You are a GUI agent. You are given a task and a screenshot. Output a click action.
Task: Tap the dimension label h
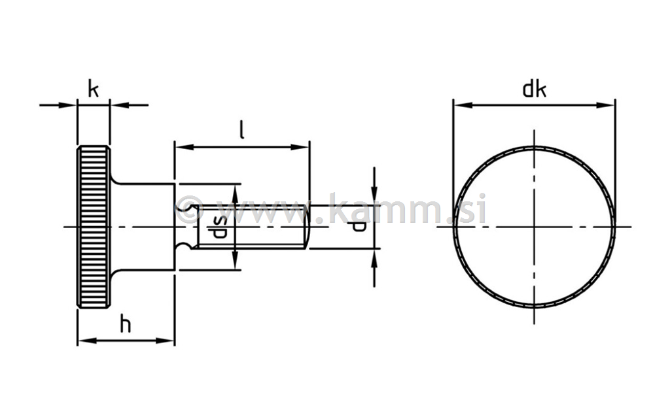click(x=125, y=324)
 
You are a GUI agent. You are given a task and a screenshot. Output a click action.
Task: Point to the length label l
click(x=242, y=130)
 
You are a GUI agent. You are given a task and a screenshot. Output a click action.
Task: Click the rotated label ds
click(x=219, y=227)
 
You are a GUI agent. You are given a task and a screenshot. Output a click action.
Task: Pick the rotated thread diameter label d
click(x=359, y=226)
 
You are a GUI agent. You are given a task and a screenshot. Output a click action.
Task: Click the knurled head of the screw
click(x=94, y=227)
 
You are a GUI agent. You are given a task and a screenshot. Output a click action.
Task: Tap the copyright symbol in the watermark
click(x=189, y=209)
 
